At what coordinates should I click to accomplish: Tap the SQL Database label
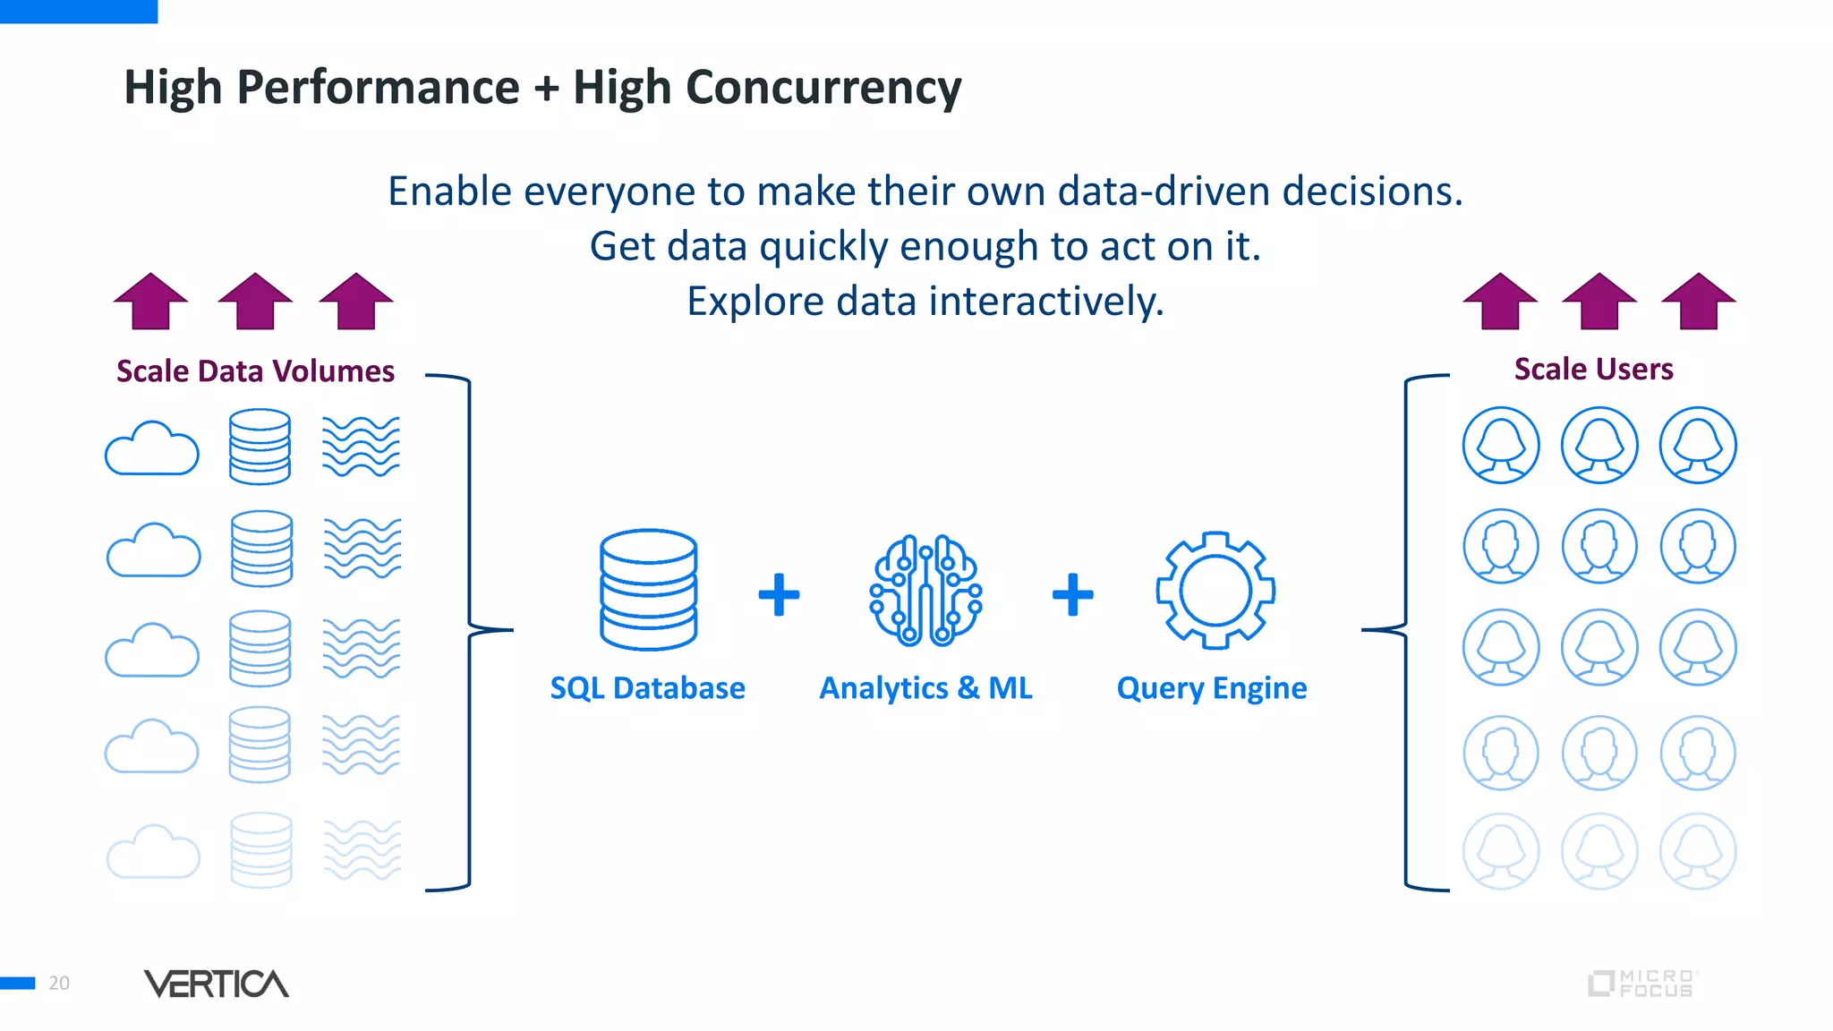(x=647, y=688)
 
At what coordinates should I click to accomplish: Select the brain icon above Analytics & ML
(x=925, y=591)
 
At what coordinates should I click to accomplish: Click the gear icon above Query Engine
(x=1215, y=591)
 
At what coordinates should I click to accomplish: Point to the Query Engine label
(x=1211, y=688)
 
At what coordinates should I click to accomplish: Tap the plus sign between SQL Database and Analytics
(x=779, y=595)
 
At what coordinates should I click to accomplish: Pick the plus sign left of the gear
(x=1072, y=595)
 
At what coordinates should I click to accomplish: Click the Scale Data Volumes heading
(x=255, y=371)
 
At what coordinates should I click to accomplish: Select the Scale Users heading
(x=1593, y=369)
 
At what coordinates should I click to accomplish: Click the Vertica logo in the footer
(x=216, y=984)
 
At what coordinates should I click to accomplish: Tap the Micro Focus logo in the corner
(x=1641, y=984)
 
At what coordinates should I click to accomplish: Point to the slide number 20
(x=59, y=984)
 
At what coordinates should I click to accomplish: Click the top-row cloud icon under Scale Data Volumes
(x=152, y=448)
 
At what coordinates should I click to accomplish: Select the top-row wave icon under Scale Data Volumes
(x=361, y=446)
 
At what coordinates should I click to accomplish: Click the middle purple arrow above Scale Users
(x=1599, y=302)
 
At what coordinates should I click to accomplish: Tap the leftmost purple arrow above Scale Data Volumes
(x=150, y=302)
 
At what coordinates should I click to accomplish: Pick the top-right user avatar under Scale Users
(x=1697, y=445)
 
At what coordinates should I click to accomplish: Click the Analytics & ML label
(x=925, y=688)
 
